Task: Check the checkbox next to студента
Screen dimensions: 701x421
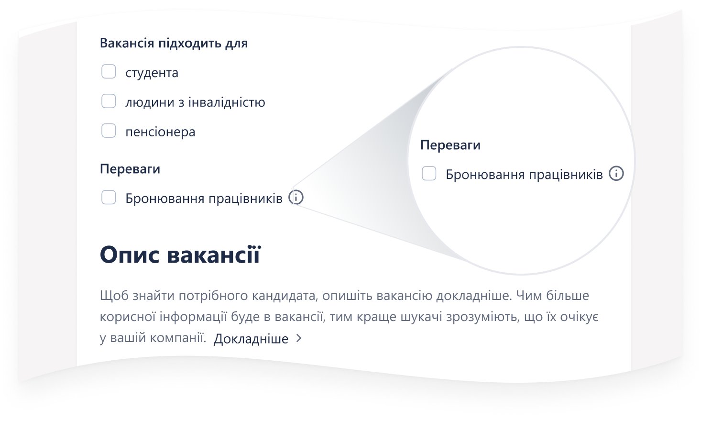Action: coord(109,72)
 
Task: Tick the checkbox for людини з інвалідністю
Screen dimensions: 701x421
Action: coord(109,101)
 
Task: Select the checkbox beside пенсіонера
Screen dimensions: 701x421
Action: coord(109,131)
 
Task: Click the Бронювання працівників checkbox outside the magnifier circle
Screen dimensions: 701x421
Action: coord(109,198)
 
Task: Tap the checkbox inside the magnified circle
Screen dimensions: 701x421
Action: coord(429,173)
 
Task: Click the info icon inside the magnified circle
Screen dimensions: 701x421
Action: coord(616,173)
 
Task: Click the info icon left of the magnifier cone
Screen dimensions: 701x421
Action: coord(296,198)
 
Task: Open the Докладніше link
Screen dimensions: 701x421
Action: coord(251,339)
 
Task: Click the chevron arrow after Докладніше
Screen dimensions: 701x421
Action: coord(299,338)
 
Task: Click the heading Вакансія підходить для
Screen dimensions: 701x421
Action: coord(174,43)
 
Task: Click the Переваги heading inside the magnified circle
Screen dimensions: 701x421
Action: coord(450,145)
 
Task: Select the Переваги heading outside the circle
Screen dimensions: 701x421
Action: coord(130,169)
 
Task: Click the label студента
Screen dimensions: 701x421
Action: coord(152,73)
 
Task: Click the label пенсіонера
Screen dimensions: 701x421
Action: coord(160,132)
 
